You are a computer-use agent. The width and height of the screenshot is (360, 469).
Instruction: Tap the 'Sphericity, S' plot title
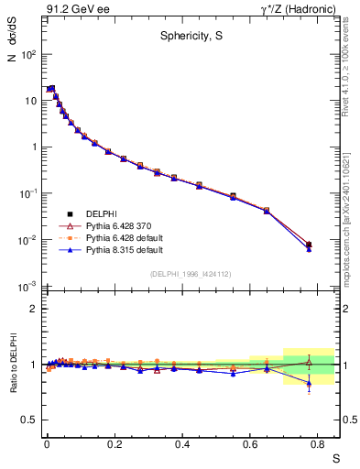191,36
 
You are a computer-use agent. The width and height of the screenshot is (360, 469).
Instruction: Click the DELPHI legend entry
101,213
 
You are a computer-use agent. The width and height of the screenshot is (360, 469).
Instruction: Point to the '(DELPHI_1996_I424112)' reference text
191,273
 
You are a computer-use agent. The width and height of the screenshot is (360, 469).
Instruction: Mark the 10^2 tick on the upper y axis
28,54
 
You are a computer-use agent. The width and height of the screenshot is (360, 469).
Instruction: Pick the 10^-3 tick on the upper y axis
28,288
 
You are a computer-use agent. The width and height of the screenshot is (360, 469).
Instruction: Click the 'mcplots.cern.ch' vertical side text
353,229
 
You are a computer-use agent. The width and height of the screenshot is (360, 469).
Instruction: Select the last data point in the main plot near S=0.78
309,245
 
